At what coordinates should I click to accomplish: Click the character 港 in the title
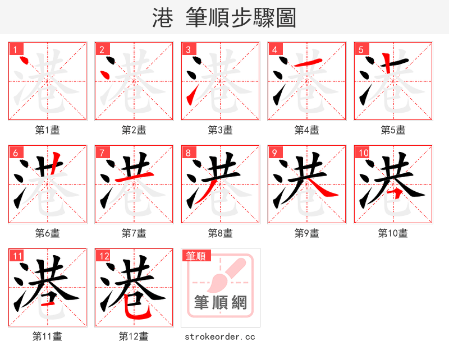click(x=162, y=18)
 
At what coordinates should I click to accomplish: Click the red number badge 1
click(x=15, y=49)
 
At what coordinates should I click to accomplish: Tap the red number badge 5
click(x=361, y=49)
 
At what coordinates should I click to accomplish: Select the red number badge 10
click(x=363, y=153)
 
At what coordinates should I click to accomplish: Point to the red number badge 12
click(x=103, y=256)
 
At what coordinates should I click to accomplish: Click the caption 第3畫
click(x=220, y=130)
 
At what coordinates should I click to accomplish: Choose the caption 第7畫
click(x=134, y=233)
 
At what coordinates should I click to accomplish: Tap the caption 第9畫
click(x=306, y=233)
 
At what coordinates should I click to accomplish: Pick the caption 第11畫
click(x=47, y=336)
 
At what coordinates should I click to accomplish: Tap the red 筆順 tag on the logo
click(x=196, y=256)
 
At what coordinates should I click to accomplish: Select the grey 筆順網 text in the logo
click(x=220, y=303)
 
